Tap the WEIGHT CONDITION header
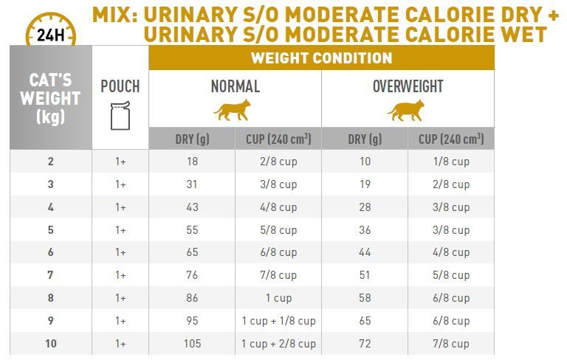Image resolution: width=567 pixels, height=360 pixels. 321,58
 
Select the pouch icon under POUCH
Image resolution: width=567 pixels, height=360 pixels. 120,116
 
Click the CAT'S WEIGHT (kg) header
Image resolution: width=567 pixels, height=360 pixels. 50,98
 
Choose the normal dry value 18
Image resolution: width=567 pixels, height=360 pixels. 192,162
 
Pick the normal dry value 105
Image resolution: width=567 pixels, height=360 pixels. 192,344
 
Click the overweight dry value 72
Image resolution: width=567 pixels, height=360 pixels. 365,344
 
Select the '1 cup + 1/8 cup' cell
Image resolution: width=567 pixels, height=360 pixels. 278,321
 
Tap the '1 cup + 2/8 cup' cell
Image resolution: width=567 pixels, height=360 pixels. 278,344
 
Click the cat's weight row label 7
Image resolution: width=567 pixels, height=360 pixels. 50,275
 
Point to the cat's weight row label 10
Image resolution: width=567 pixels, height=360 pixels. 50,344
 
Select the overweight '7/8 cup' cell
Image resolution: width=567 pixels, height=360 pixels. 450,344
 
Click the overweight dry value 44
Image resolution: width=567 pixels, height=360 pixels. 365,252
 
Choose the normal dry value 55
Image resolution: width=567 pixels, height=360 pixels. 192,230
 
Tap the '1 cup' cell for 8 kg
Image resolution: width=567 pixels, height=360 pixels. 278,298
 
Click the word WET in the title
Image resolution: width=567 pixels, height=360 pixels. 521,34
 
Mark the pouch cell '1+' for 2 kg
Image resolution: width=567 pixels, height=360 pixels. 120,162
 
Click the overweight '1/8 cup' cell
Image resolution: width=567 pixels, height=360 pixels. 450,162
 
